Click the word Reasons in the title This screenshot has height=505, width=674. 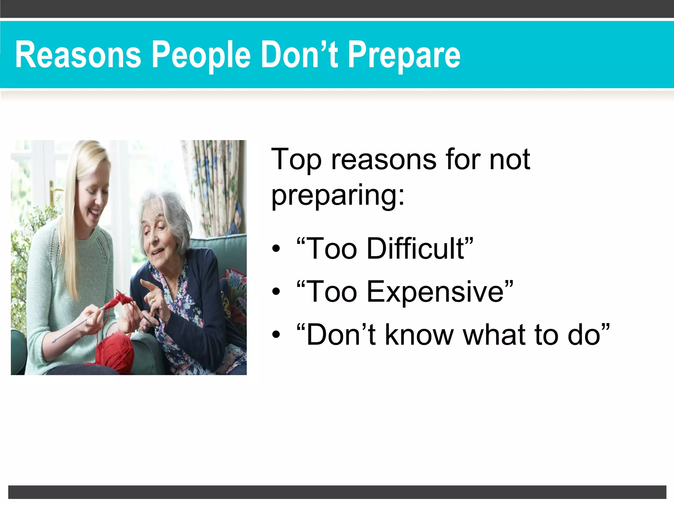click(x=78, y=55)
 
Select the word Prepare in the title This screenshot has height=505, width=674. click(x=404, y=55)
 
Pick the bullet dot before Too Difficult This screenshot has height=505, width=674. click(x=276, y=249)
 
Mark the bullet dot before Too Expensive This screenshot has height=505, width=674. click(x=276, y=292)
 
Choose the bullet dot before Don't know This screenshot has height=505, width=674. click(x=276, y=335)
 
